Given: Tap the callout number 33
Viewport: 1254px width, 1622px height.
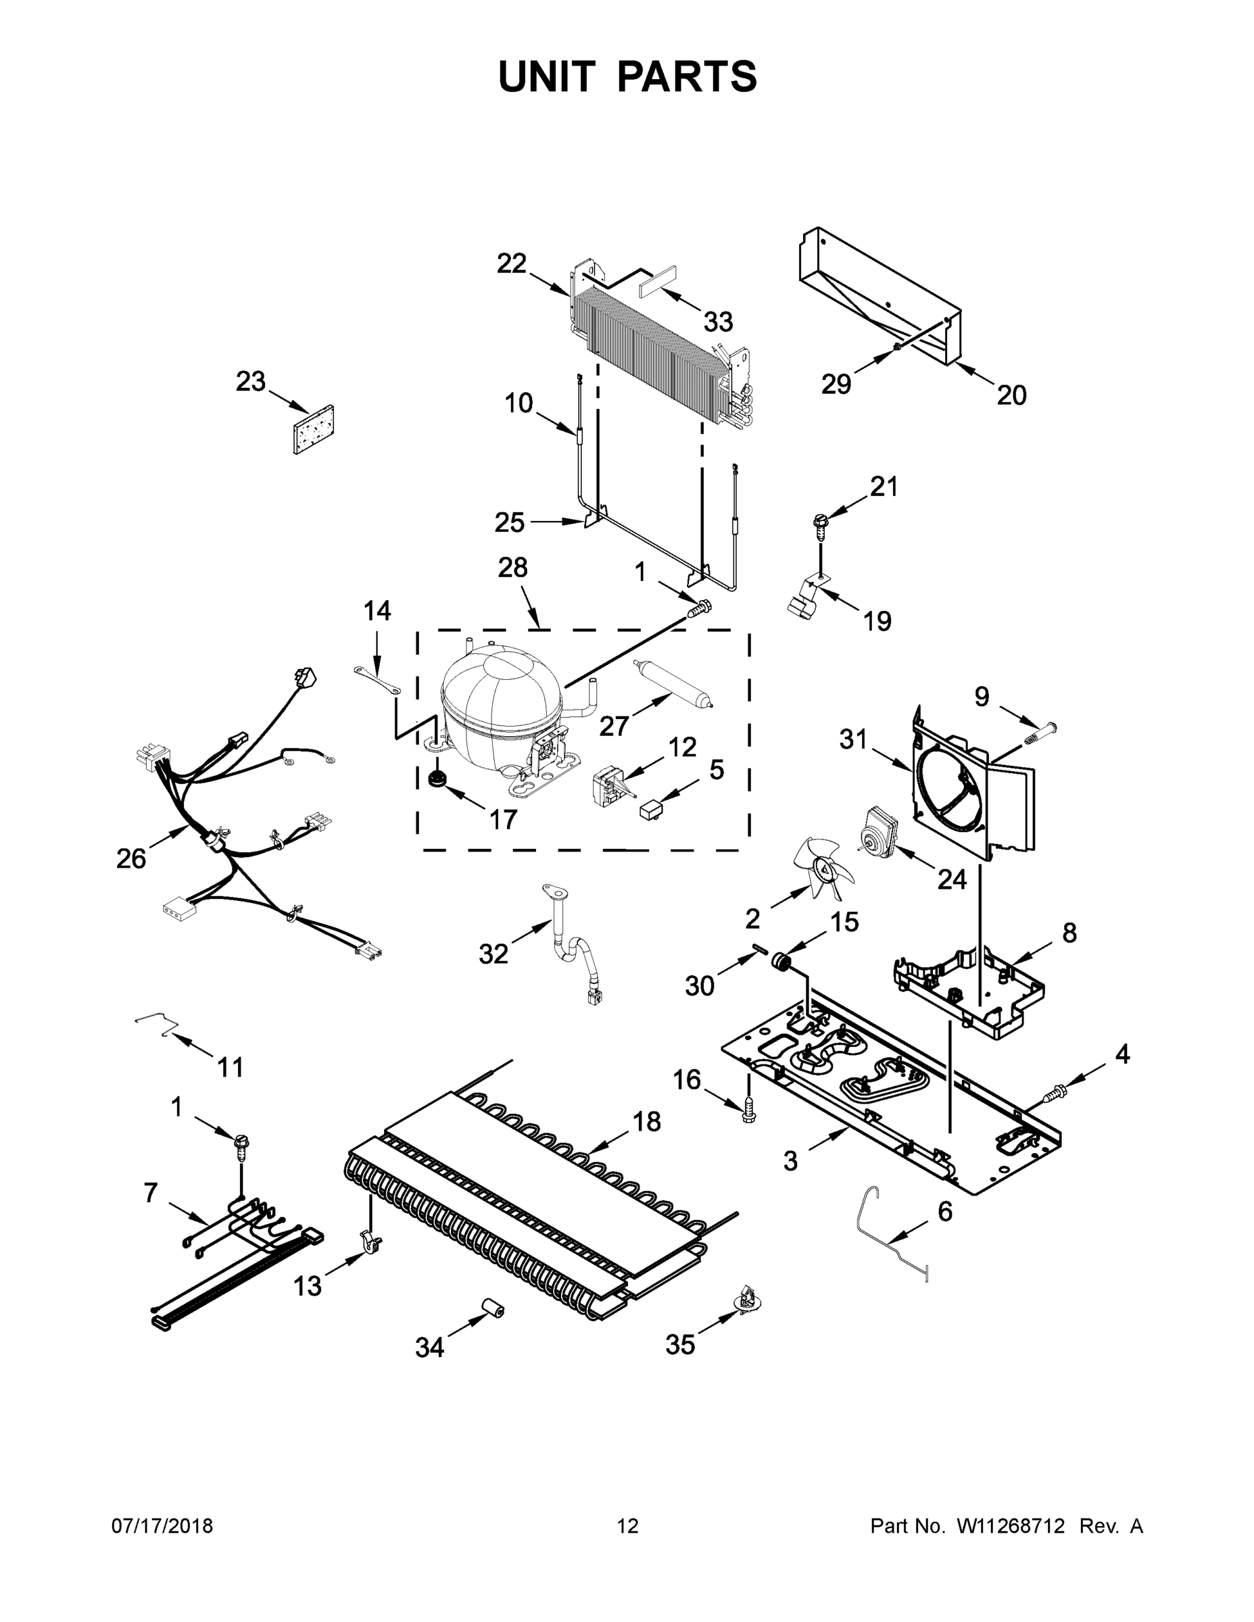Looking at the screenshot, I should point(718,322).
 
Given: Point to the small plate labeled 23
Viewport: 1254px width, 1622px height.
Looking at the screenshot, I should point(314,430).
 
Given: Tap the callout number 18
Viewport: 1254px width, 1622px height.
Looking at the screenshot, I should point(647,1121).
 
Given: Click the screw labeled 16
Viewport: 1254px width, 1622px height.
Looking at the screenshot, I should point(748,1109).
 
